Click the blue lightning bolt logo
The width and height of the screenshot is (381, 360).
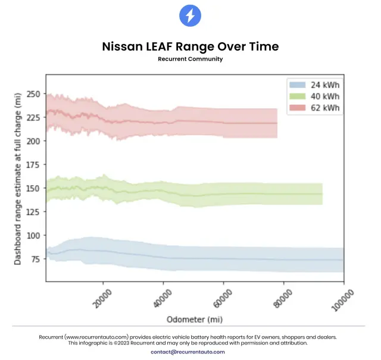pyautogui.click(x=190, y=15)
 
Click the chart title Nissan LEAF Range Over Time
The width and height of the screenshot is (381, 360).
pyautogui.click(x=190, y=46)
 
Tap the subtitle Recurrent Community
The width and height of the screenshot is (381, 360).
pyautogui.click(x=190, y=59)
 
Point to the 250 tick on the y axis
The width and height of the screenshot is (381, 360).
pyautogui.click(x=34, y=94)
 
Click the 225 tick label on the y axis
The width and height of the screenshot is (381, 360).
pyautogui.click(x=34, y=117)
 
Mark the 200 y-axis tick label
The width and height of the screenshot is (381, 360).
pyautogui.click(x=34, y=141)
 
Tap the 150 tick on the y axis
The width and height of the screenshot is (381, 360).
pyautogui.click(x=34, y=188)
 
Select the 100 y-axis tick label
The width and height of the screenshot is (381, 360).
pyautogui.click(x=34, y=235)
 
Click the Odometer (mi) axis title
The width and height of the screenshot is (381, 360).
pyautogui.click(x=195, y=319)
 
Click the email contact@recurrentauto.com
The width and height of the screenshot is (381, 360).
pyautogui.click(x=188, y=352)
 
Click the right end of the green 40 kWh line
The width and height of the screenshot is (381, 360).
pyautogui.click(x=322, y=194)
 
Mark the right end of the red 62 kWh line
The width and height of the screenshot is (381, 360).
pyautogui.click(x=277, y=123)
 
